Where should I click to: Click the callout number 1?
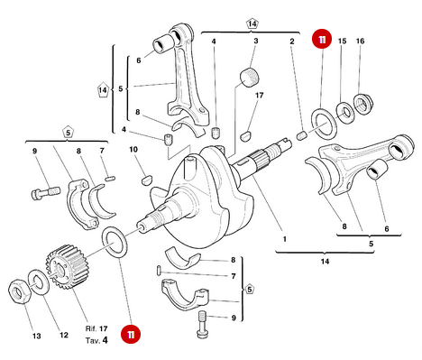point(286,240)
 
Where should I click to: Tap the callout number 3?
point(255,42)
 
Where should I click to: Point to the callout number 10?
point(133,149)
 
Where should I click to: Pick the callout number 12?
point(63,336)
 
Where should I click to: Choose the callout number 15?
point(342,42)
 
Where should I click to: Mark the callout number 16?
point(361,42)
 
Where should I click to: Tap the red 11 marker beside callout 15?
point(321,40)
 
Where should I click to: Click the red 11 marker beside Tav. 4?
point(133,334)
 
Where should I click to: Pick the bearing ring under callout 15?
point(345,111)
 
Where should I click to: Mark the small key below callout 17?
point(244,137)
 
